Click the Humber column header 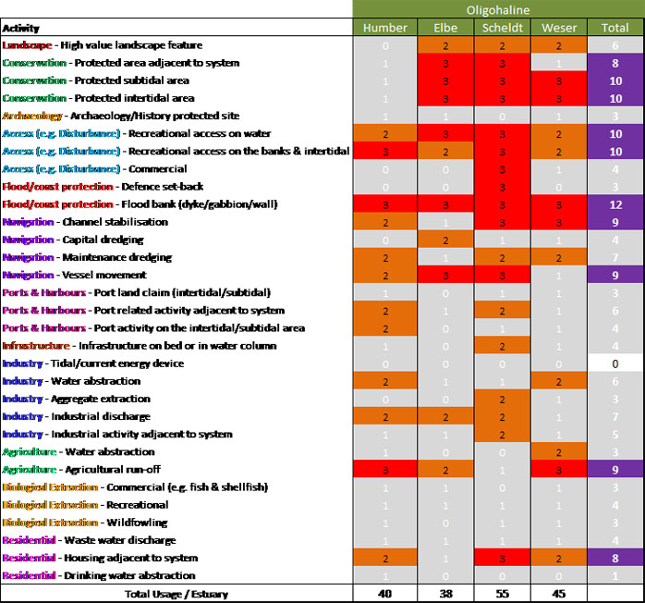point(384,28)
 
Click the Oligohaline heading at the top point(498,8)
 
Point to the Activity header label point(21,29)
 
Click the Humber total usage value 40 point(384,594)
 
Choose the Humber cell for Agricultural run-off point(384,470)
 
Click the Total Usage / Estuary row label point(177,594)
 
